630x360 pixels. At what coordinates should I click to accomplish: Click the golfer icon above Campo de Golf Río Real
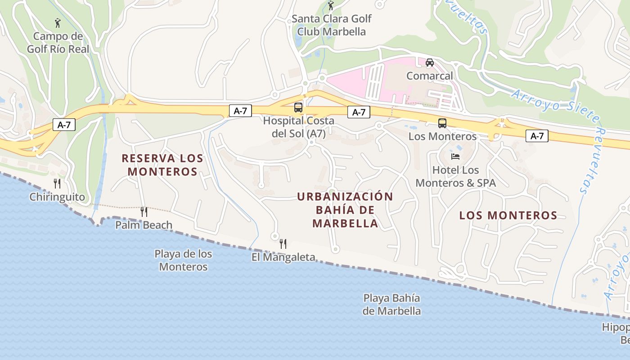click(x=58, y=22)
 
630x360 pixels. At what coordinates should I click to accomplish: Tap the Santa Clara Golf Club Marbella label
click(x=332, y=25)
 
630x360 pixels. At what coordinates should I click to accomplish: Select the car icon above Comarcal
click(x=430, y=63)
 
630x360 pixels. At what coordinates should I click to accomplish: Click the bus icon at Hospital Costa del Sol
click(x=298, y=107)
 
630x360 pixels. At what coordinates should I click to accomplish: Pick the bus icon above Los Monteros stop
click(x=442, y=123)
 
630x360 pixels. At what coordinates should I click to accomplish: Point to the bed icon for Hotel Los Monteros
click(x=455, y=157)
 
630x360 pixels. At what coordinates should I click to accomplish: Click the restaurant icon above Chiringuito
click(x=57, y=183)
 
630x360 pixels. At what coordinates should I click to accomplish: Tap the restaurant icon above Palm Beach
click(x=144, y=211)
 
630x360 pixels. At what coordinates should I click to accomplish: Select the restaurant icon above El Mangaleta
click(x=283, y=244)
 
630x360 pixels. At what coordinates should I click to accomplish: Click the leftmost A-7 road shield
click(x=64, y=125)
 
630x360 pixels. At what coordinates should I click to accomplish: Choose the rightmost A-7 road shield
click(x=537, y=136)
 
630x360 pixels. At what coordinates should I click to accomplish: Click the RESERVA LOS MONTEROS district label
click(x=162, y=165)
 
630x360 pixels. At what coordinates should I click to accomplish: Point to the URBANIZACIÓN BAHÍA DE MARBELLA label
click(x=345, y=210)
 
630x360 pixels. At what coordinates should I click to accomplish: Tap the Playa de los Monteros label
click(x=183, y=260)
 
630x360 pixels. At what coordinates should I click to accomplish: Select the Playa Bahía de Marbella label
click(x=391, y=304)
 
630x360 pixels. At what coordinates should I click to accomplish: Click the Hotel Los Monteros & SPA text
click(x=455, y=176)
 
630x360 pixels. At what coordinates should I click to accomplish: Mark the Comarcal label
click(x=430, y=76)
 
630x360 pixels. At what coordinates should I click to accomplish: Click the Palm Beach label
click(x=144, y=225)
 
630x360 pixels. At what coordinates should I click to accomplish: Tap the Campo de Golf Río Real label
click(x=58, y=42)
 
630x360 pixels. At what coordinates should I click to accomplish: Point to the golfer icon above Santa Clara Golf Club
click(x=331, y=6)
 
